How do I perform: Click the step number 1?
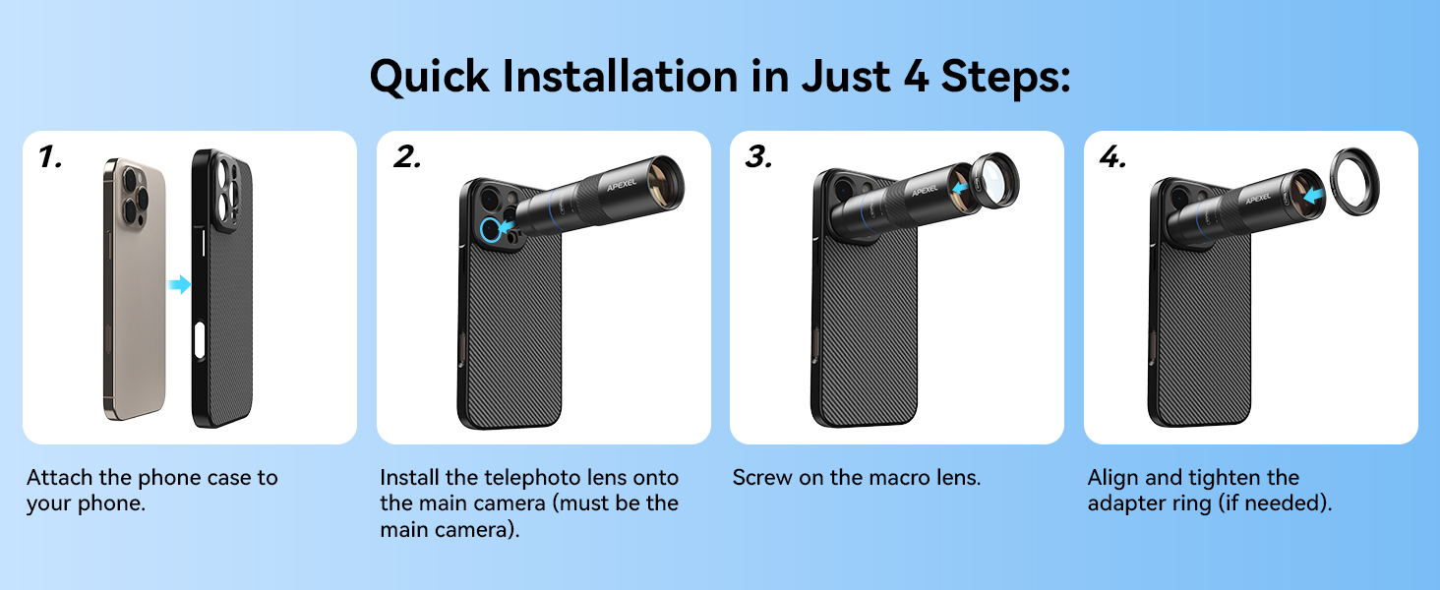[50, 156]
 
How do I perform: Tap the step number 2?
[407, 156]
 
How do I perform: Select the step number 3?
[758, 156]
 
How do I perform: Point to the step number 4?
[1112, 156]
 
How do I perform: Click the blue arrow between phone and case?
[180, 284]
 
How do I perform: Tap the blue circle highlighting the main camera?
[491, 230]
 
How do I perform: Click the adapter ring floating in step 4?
[1354, 181]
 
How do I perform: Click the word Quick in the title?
[430, 77]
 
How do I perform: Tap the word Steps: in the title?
[1005, 77]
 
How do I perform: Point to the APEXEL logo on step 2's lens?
[622, 185]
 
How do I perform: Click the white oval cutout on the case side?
[200, 341]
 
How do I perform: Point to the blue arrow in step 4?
[1314, 195]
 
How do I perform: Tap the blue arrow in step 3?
[960, 188]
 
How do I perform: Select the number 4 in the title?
[916, 77]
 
